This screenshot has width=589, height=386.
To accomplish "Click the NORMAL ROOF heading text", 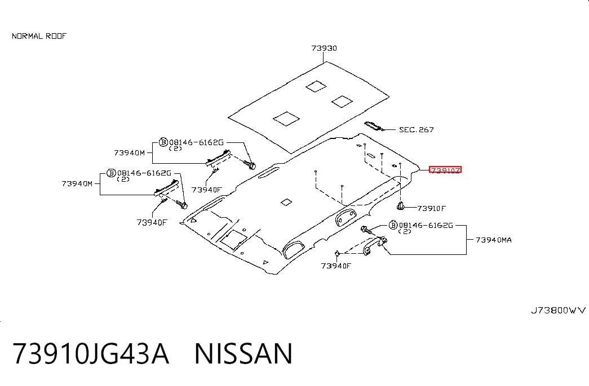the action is [39, 36].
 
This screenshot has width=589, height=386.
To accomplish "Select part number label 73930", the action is [324, 48].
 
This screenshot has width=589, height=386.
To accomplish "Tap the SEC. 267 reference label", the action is [416, 130].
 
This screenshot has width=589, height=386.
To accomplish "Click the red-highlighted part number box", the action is [445, 170].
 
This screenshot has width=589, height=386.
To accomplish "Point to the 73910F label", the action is [431, 208].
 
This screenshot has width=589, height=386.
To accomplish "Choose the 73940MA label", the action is [494, 240].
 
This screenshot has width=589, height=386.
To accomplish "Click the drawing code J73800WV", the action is [558, 310].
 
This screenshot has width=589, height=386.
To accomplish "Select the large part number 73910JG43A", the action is [91, 353].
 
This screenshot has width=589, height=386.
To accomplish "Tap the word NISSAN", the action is [243, 353].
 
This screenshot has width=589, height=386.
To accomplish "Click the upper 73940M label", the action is [129, 152].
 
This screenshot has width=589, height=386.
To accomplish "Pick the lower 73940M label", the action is [77, 183].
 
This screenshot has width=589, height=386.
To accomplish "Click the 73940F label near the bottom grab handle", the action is [336, 266].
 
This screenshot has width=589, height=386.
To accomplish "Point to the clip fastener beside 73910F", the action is [400, 206].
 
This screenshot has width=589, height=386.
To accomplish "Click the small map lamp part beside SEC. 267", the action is [374, 126].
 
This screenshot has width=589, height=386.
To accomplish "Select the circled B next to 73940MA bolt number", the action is [393, 225].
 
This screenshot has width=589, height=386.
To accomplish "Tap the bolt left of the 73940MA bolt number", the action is [366, 230].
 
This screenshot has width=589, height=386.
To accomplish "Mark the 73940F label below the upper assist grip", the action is [207, 190].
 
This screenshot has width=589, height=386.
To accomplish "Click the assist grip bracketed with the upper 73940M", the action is [218, 157].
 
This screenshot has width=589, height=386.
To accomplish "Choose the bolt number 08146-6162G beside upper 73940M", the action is [197, 142].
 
